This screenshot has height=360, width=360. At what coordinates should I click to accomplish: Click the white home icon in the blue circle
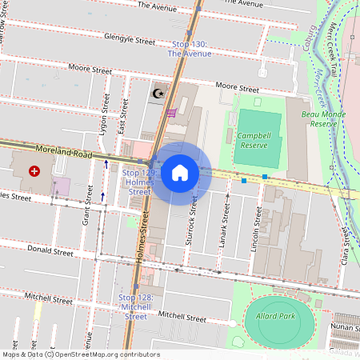coord(180,172)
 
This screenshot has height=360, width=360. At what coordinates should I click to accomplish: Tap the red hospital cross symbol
coord(34,171)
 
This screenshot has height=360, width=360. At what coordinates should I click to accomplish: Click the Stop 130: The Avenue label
coord(190,49)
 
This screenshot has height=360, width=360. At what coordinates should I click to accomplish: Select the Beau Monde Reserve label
coord(325,118)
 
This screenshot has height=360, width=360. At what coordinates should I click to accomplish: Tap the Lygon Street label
coord(104,111)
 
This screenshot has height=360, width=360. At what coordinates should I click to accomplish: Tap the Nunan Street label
coord(344,327)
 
